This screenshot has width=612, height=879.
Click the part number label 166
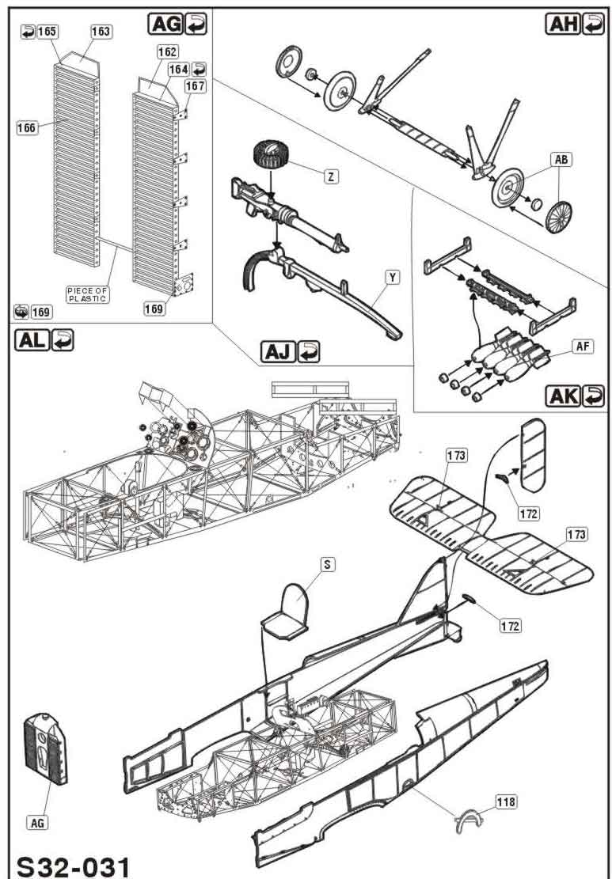tap(26, 128)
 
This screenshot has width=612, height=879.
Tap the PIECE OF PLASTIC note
tap(88, 294)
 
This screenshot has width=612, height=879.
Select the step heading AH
tap(563, 24)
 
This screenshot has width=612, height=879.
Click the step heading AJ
tap(278, 351)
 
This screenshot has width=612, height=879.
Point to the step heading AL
tap(32, 339)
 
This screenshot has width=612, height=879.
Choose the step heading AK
tap(564, 396)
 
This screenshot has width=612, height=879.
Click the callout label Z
tap(332, 176)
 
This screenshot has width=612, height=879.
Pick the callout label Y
tap(393, 277)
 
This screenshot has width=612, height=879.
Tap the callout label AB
tap(561, 160)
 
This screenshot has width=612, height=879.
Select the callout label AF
tap(583, 347)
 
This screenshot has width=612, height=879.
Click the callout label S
tap(327, 565)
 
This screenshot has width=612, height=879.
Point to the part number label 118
tap(506, 802)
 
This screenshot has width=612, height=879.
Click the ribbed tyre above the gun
tap(271, 153)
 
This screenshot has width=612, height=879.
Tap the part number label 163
tap(101, 32)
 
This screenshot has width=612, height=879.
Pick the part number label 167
tap(196, 86)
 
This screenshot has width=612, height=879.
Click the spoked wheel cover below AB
tap(559, 216)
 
